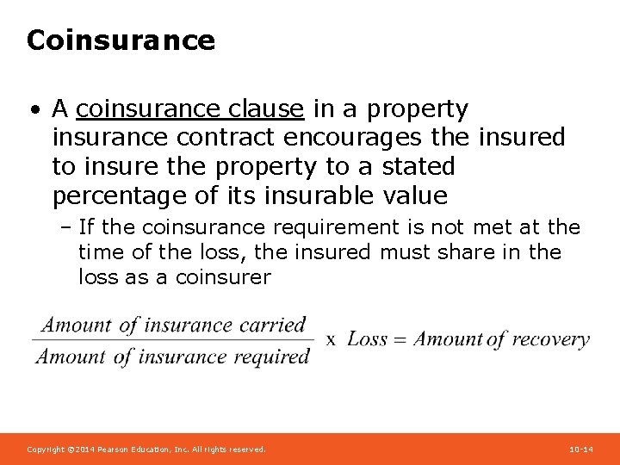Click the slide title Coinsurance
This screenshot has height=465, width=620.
click(x=121, y=40)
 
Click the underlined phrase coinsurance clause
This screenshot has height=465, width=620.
click(x=189, y=109)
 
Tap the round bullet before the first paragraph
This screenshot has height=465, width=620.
click(x=33, y=110)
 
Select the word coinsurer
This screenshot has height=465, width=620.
click(x=223, y=277)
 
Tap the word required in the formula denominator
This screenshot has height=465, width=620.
click(x=270, y=356)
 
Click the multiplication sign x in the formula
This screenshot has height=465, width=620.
click(x=331, y=339)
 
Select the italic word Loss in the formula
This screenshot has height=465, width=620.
click(x=368, y=339)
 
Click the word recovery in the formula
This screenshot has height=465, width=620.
click(x=550, y=339)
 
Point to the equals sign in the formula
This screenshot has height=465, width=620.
click(x=400, y=339)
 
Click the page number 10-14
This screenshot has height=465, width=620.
click(x=581, y=449)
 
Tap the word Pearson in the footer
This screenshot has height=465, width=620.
click(x=115, y=449)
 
